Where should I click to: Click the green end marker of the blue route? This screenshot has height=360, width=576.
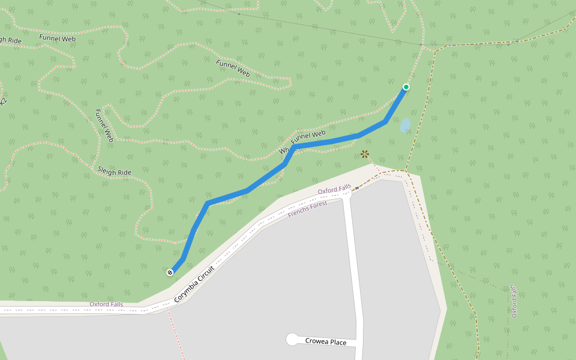[x=406, y=87]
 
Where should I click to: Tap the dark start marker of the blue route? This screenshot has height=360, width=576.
[x=170, y=272]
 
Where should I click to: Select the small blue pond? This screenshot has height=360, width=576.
[x=406, y=125]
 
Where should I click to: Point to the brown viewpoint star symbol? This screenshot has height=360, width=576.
[x=365, y=154]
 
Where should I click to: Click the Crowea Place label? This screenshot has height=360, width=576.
[x=326, y=342]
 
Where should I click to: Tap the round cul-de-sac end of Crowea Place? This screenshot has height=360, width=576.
[x=292, y=340]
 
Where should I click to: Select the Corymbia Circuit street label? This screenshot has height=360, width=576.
[x=194, y=284]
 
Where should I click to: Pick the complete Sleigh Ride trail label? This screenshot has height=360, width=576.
[x=114, y=172]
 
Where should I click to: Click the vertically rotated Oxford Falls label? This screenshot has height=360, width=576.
[x=514, y=301]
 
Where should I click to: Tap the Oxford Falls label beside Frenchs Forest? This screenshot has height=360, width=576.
[x=334, y=190]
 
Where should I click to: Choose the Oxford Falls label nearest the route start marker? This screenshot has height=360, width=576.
[x=106, y=304]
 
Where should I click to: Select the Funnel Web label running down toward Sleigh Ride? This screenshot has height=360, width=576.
[x=104, y=125]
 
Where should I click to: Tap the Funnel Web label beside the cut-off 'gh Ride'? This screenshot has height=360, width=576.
[x=58, y=38]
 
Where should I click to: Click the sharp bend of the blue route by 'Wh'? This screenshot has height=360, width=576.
[x=295, y=147]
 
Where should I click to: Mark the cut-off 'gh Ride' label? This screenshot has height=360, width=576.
[x=11, y=41]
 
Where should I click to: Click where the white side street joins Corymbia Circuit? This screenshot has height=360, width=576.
[x=347, y=197]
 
